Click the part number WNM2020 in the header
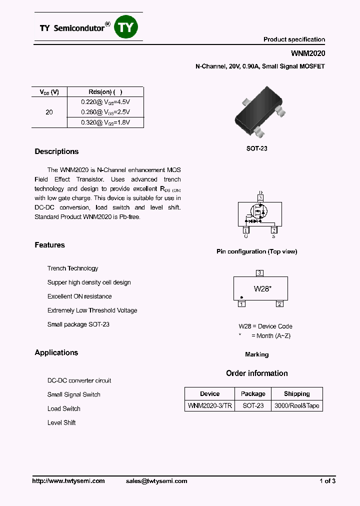coord(308,53)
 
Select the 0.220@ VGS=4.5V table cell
coord(105,101)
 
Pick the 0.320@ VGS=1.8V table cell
coord(105,122)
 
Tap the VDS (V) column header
coord(49,92)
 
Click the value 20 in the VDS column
coord(49,112)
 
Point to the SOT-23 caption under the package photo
coord(256,148)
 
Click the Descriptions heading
coord(56,151)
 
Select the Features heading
coord(49,245)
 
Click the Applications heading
coord(56,352)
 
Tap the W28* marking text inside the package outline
coord(262,288)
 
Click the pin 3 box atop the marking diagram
coord(259,273)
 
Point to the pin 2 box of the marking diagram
coord(279,304)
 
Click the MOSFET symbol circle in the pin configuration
coord(259,212)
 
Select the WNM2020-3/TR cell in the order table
coord(209,405)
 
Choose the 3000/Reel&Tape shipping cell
coord(296,405)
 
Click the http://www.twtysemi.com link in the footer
coord(68,481)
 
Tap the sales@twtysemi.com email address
coord(156,481)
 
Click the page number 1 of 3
coord(327,481)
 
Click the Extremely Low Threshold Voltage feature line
coord(92,310)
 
